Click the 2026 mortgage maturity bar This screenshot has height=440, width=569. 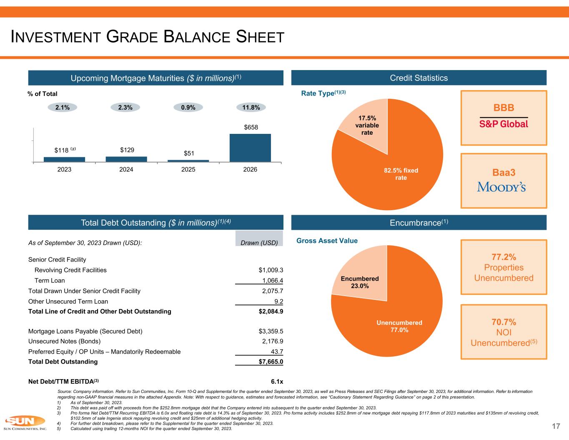(250, 148)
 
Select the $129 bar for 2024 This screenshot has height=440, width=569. (126, 159)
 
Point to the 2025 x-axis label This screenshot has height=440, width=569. (188, 169)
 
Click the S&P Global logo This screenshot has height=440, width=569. (504, 124)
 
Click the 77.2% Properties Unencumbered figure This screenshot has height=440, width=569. (504, 256)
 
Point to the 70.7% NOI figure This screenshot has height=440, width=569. (504, 322)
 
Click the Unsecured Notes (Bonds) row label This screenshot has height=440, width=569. (64, 342)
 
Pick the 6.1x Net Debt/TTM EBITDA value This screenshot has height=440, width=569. (277, 381)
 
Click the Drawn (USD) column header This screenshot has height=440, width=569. (259, 242)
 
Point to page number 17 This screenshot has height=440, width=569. (556, 426)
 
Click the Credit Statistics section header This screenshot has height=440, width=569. (419, 78)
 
